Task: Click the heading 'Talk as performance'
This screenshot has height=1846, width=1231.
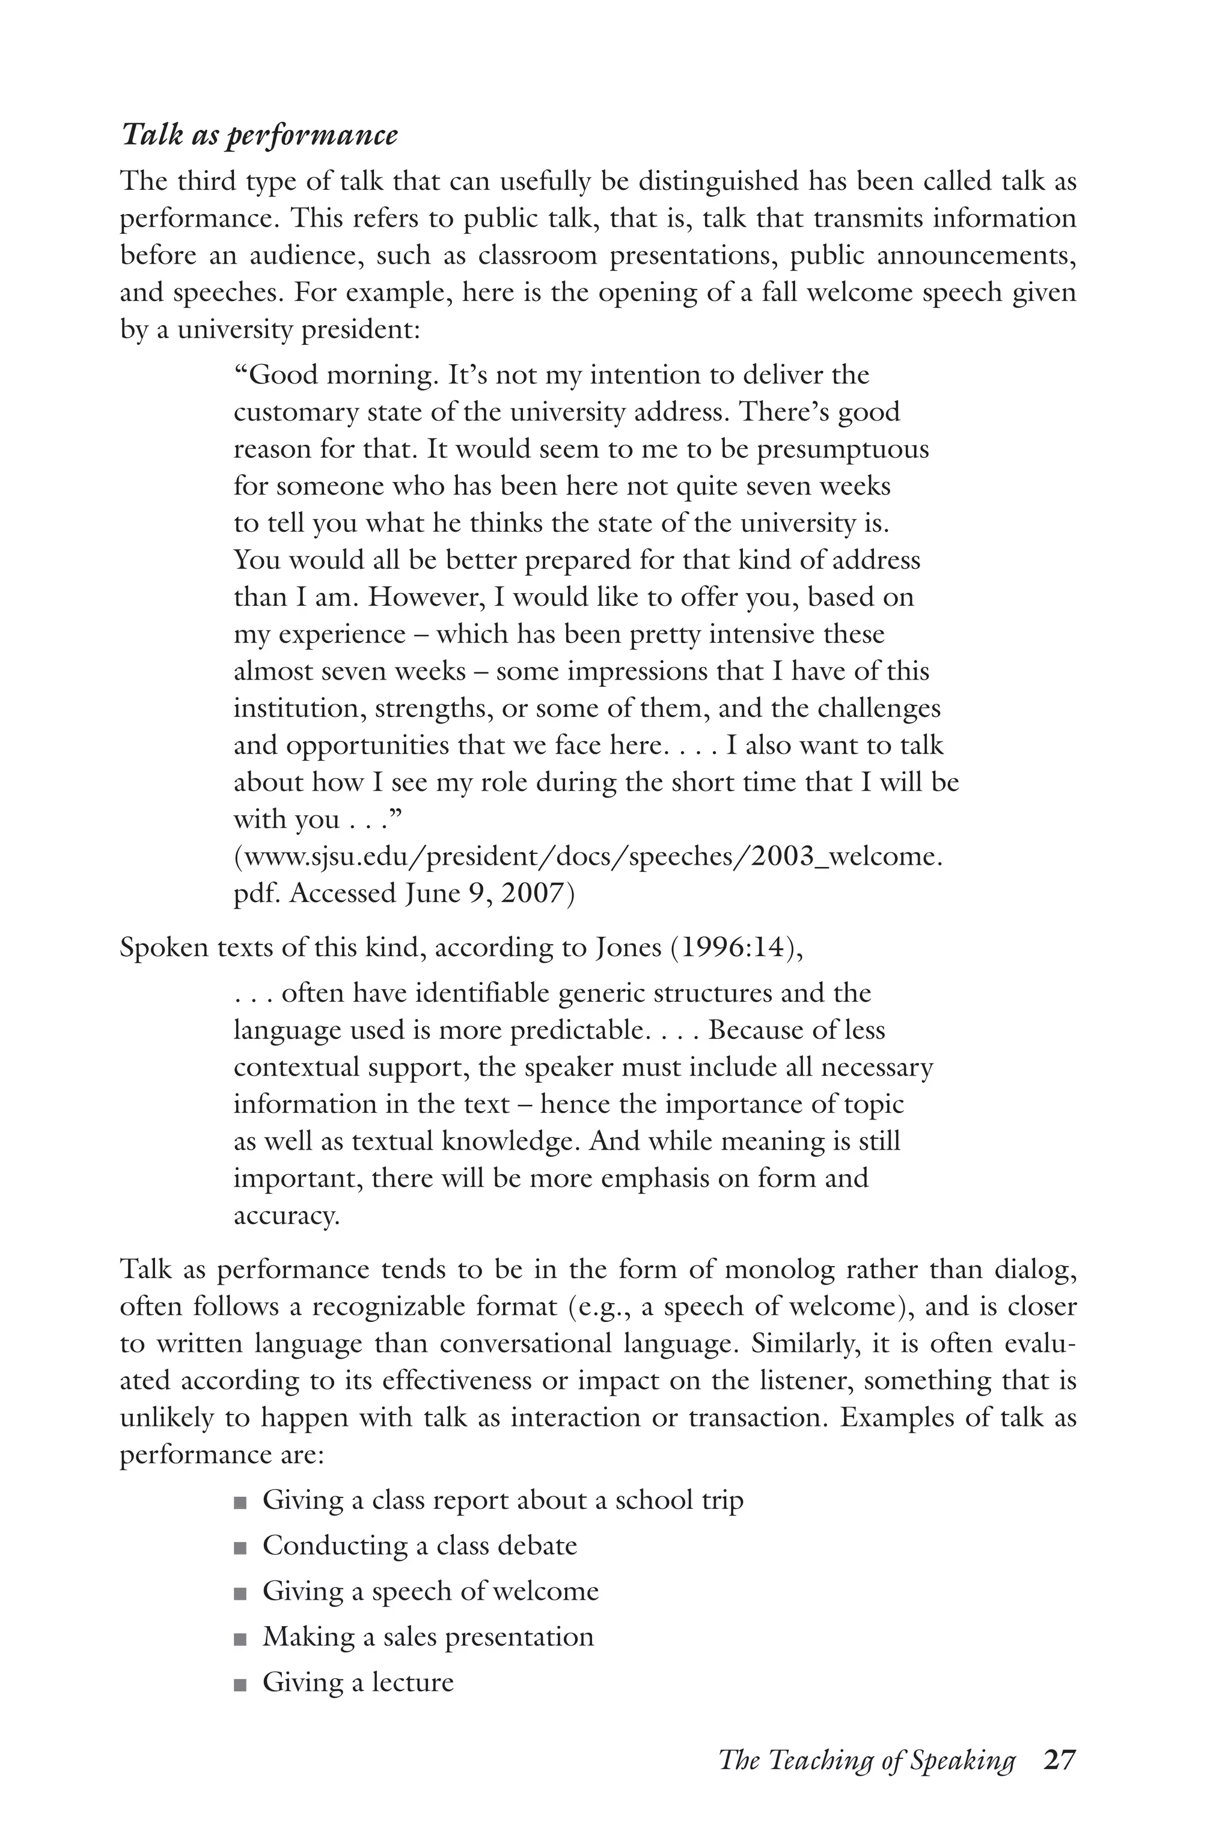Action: click(x=259, y=136)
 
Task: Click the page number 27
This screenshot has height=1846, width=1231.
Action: click(x=1059, y=1761)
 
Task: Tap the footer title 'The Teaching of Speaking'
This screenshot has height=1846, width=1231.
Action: click(x=867, y=1761)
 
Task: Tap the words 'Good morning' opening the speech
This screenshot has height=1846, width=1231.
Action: click(x=341, y=375)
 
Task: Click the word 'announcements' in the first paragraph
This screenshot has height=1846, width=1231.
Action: click(x=976, y=256)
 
